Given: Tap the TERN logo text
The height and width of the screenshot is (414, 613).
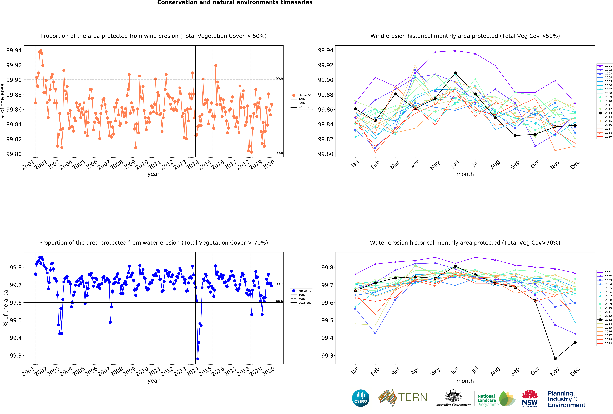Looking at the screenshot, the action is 413,397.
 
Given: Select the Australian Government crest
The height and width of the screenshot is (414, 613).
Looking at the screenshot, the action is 453,396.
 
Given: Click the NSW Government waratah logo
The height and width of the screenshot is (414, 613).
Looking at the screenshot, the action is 530,398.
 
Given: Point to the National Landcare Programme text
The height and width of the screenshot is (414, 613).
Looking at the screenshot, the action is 488,400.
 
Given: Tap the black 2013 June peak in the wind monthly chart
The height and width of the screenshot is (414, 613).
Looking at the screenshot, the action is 455,73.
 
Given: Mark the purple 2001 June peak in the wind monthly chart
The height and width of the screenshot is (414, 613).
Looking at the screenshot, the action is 455,51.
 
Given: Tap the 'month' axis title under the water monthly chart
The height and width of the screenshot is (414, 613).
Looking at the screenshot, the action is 465,381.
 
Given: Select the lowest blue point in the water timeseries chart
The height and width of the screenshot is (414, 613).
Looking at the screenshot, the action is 198,359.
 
